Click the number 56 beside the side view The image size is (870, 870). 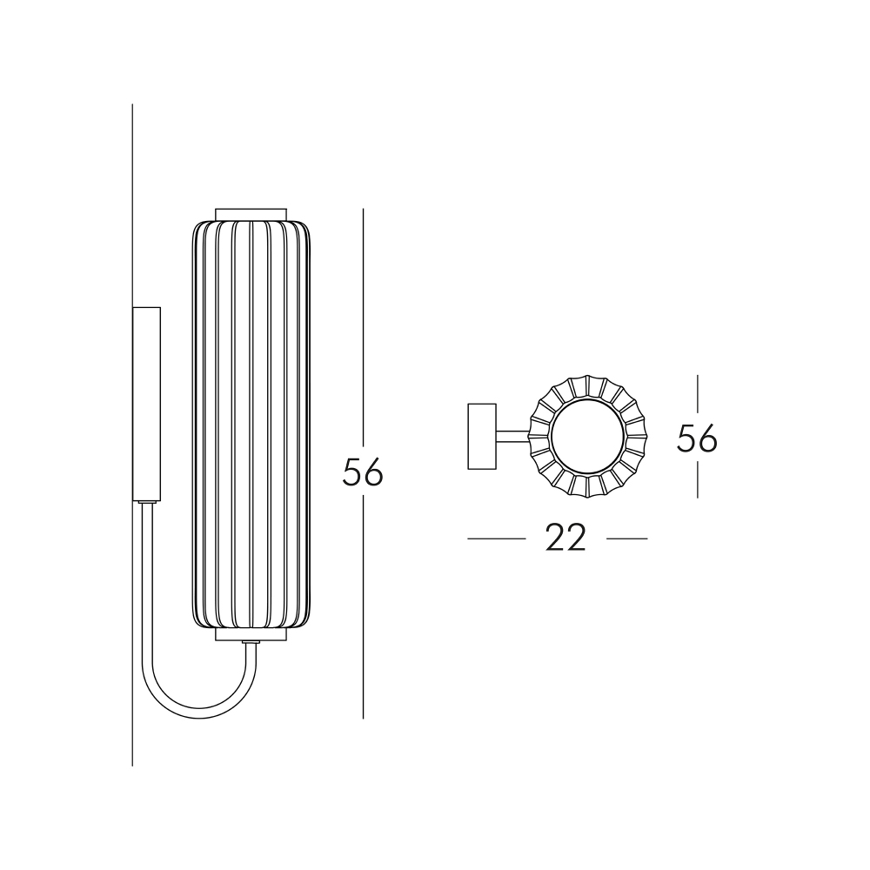(363, 472)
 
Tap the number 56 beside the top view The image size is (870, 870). (697, 438)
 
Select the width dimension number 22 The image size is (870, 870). (565, 539)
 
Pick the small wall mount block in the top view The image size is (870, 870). (482, 437)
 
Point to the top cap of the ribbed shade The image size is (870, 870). (251, 214)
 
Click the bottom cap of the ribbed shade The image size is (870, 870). (251, 634)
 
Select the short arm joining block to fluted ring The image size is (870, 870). (512, 438)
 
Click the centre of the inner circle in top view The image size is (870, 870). (588, 437)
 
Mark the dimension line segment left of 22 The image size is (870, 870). (496, 539)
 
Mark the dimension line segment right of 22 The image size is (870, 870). (626, 539)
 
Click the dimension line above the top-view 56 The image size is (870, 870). (697, 396)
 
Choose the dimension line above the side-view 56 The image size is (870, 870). (363, 331)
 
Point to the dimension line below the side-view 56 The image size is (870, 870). (363, 609)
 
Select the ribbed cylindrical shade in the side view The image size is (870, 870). (251, 426)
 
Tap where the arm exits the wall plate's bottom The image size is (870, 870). (145, 505)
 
